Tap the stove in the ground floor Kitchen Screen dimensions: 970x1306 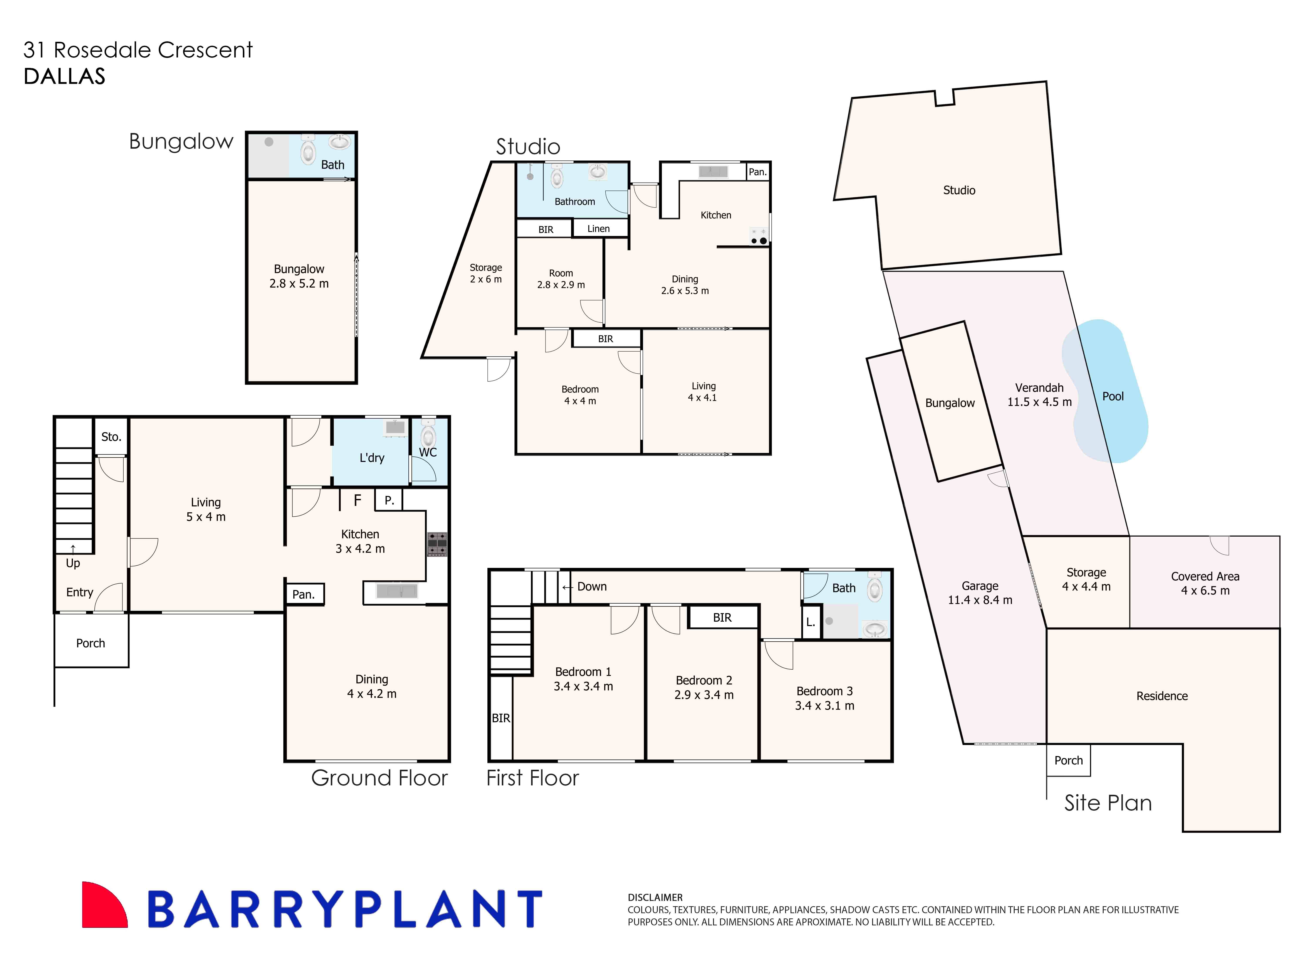(437, 544)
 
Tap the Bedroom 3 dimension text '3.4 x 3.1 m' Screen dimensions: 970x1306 (824, 706)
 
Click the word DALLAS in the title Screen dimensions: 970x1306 (65, 76)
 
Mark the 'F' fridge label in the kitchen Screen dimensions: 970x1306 (357, 500)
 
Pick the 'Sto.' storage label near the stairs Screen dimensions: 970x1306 (111, 437)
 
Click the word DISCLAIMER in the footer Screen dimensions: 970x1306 (655, 897)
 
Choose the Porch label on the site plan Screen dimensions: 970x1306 (1068, 760)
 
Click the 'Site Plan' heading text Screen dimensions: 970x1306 (1108, 803)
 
